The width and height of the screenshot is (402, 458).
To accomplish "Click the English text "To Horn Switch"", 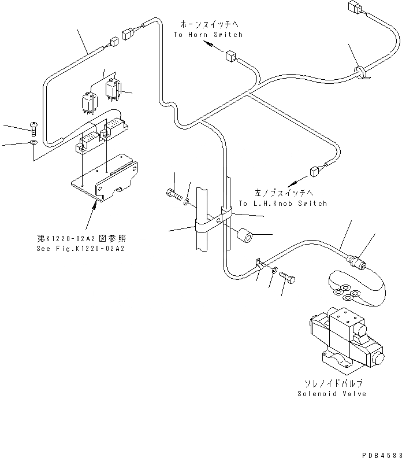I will coord(208,35).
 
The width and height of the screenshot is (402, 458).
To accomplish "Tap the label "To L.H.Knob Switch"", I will coord(282,204).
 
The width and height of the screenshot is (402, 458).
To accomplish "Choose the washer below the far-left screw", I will coord(33,142).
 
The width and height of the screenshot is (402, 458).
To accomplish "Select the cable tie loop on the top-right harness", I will coord(359,72).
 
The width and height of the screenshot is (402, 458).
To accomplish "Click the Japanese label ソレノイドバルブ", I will coord(332,383).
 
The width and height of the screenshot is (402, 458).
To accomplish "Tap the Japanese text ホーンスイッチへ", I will coord(208,25).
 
